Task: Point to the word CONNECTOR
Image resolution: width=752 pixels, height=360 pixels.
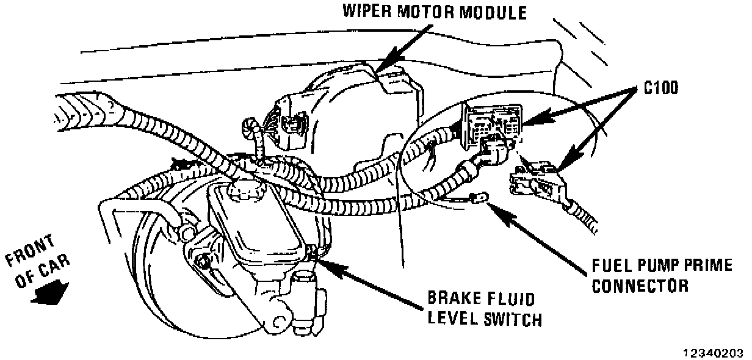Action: click(641, 285)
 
